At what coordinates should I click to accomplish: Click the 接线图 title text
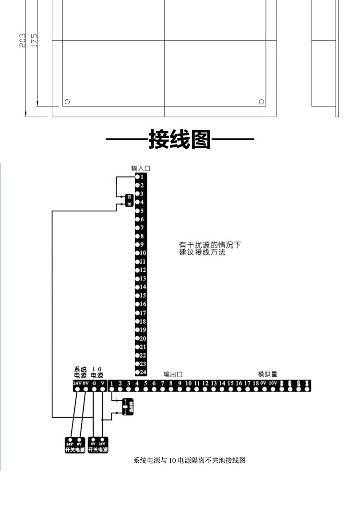180,140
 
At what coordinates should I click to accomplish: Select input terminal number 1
141,177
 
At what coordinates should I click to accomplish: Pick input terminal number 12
141,270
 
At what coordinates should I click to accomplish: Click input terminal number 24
141,372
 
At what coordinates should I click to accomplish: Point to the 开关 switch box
129,200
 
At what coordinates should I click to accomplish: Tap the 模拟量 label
267,374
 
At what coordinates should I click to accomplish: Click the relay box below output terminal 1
127,407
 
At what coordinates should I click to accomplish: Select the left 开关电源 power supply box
75,445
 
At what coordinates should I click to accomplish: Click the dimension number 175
34,40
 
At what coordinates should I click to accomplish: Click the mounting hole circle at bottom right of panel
261,102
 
